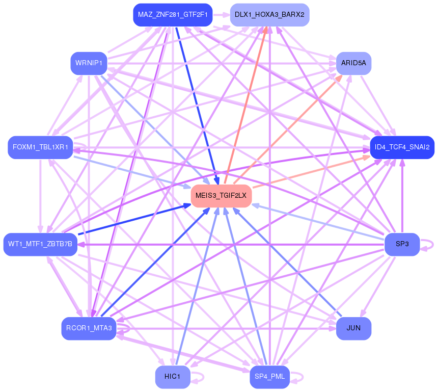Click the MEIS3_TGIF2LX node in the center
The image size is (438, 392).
[x=222, y=196]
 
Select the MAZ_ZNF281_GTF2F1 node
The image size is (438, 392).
[x=173, y=15]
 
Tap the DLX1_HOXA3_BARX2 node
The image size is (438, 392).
[x=269, y=15]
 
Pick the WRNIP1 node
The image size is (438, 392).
[x=89, y=63]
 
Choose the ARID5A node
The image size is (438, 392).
[x=353, y=63]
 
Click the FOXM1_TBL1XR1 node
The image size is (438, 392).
[x=40, y=147]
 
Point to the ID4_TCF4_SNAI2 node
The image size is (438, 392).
[x=402, y=147]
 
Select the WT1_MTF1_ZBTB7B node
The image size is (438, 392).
[x=40, y=244]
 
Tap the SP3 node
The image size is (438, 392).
[x=402, y=244]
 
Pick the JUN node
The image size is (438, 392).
[x=353, y=328]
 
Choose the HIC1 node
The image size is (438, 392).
[x=173, y=377]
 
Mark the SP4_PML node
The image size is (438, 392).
[x=269, y=377]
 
